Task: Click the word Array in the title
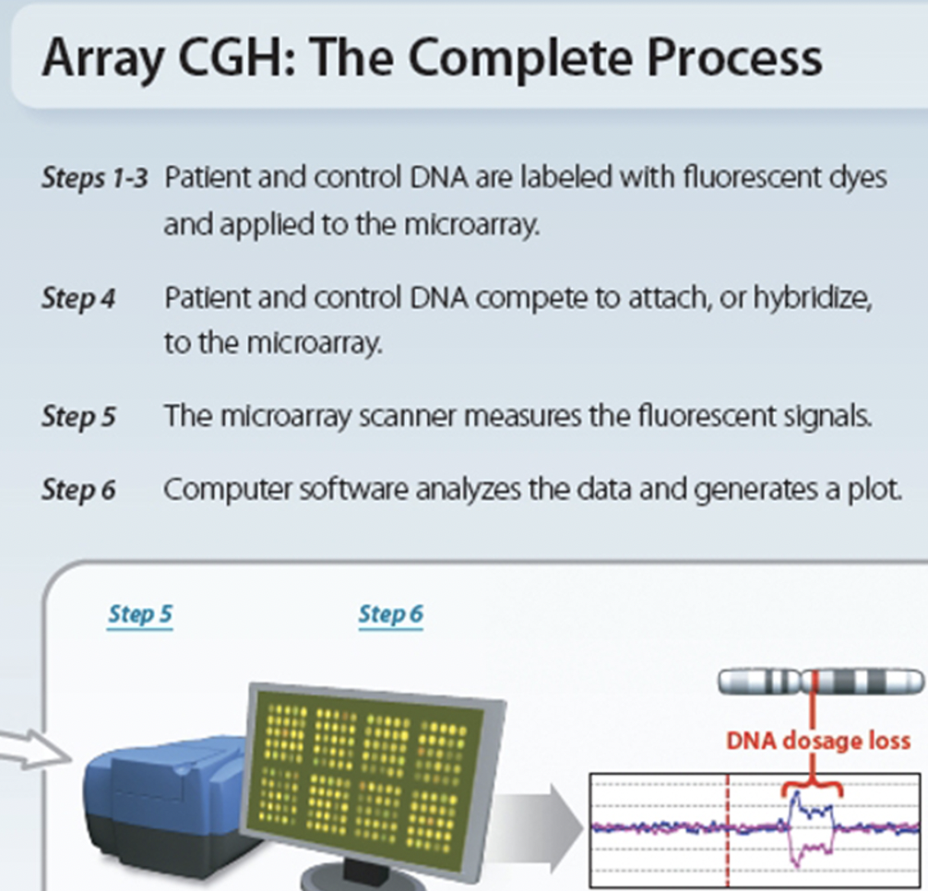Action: tap(101, 57)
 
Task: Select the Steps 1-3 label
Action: tap(93, 178)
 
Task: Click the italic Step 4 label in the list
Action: tap(77, 299)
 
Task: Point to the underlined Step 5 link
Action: tap(140, 613)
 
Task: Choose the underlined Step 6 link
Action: tap(390, 613)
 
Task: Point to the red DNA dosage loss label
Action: tap(817, 740)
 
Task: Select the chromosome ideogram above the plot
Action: tap(820, 682)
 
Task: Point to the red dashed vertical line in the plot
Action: tap(728, 830)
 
